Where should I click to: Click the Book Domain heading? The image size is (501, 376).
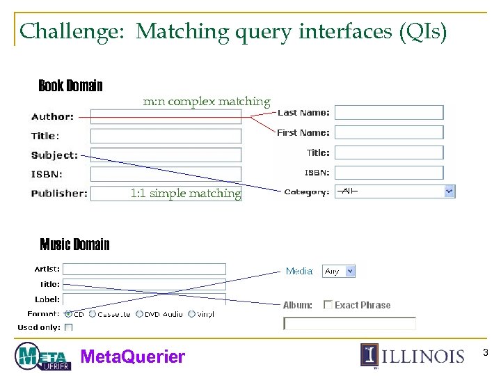click(70, 86)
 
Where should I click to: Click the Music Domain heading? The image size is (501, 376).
click(74, 244)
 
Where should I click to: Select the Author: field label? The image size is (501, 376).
click(52, 117)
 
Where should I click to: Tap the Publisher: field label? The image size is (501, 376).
click(59, 194)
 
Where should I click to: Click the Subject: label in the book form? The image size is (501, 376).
click(54, 155)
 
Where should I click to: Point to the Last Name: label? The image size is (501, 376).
click(303, 113)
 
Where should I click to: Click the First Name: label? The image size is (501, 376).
click(303, 132)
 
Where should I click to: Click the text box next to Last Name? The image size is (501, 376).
click(389, 113)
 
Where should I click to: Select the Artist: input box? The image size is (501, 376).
click(144, 269)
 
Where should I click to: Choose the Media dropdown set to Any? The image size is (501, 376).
click(339, 271)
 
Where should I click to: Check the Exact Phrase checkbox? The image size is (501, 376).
click(328, 305)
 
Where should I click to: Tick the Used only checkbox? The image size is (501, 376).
click(69, 327)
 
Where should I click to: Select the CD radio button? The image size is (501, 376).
click(68, 314)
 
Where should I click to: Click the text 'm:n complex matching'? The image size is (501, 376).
click(207, 102)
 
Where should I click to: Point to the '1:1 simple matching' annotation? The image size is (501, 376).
click(186, 194)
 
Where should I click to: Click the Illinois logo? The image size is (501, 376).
click(412, 355)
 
